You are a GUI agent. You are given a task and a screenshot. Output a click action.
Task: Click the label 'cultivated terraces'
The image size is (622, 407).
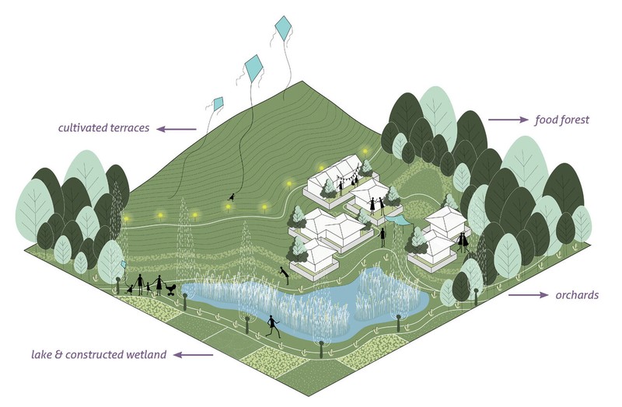click(x=103, y=127)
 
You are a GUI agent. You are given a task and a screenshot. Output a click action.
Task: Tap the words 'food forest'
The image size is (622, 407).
click(x=561, y=120)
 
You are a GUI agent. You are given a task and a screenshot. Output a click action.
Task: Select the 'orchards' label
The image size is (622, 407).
click(x=577, y=295)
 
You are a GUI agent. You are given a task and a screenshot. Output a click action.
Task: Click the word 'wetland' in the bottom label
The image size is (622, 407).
click(x=146, y=354)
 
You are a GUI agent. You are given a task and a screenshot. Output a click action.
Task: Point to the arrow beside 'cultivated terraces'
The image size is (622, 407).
click(x=176, y=129)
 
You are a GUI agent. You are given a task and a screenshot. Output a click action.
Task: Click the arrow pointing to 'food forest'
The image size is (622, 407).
click(x=508, y=120)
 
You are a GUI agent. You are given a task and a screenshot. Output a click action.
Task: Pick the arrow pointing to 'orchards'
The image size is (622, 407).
click(x=529, y=295)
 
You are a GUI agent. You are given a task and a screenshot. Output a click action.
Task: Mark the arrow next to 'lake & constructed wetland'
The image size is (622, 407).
click(x=193, y=355)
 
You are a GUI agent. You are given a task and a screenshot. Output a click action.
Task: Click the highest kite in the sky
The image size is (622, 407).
click(x=283, y=28)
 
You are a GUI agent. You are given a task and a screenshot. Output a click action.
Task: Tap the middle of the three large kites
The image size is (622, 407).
click(x=254, y=68)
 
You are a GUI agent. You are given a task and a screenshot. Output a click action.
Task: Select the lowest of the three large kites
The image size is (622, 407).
click(x=218, y=104)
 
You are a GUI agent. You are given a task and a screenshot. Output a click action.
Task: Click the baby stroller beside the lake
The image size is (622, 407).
click(x=171, y=290)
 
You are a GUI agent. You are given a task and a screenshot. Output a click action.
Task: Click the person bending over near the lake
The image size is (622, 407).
click(x=284, y=274)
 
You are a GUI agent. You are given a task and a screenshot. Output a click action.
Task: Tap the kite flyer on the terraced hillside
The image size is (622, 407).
click(x=231, y=197)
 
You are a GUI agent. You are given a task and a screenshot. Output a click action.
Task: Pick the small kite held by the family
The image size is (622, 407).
click(x=124, y=264)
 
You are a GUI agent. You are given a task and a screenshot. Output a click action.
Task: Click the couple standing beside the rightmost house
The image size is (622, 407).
click(x=463, y=242)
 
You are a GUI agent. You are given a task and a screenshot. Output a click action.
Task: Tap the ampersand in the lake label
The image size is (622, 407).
click(x=59, y=354)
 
